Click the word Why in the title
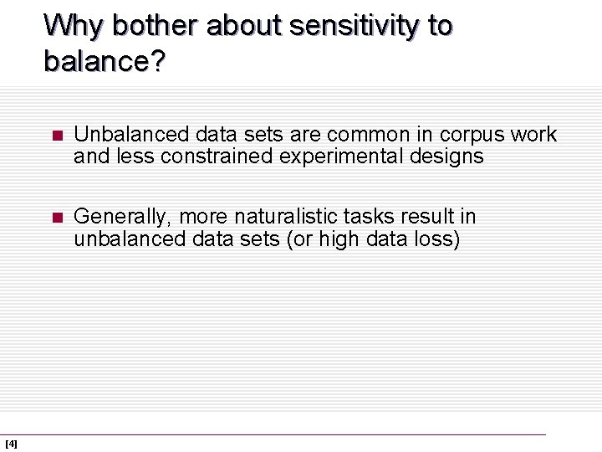coord(74,26)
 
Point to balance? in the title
coord(105,61)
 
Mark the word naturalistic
coord(287,216)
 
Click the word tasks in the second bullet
coord(367,216)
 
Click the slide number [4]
coord(11,444)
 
